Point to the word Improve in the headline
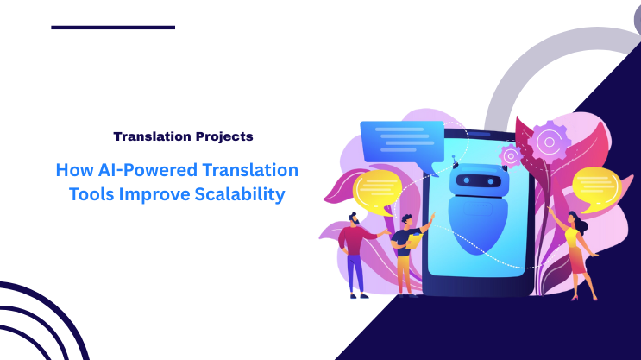pos(152,194)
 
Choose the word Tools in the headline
pos(91,194)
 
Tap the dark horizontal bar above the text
pos(113,27)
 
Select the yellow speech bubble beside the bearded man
pos(376,190)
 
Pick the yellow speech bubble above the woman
pos(594,187)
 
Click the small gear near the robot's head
pos(511,155)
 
